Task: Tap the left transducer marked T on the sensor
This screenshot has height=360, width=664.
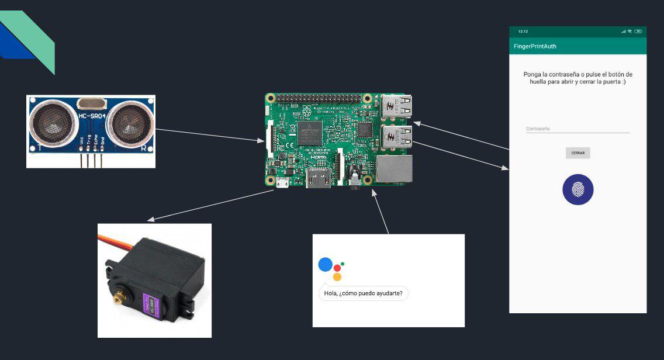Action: [51, 123]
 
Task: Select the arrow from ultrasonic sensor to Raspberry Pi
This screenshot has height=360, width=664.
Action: [210, 135]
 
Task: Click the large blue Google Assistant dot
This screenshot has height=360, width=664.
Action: [325, 265]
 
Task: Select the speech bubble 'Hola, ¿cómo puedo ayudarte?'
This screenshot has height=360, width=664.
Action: [363, 293]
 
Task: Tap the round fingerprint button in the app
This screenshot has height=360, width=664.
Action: [577, 190]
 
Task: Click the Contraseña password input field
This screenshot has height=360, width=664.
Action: [577, 129]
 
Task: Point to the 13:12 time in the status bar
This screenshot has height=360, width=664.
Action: [523, 31]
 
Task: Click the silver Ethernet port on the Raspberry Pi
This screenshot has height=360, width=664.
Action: [395, 169]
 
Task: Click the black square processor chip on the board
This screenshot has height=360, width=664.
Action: [310, 133]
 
